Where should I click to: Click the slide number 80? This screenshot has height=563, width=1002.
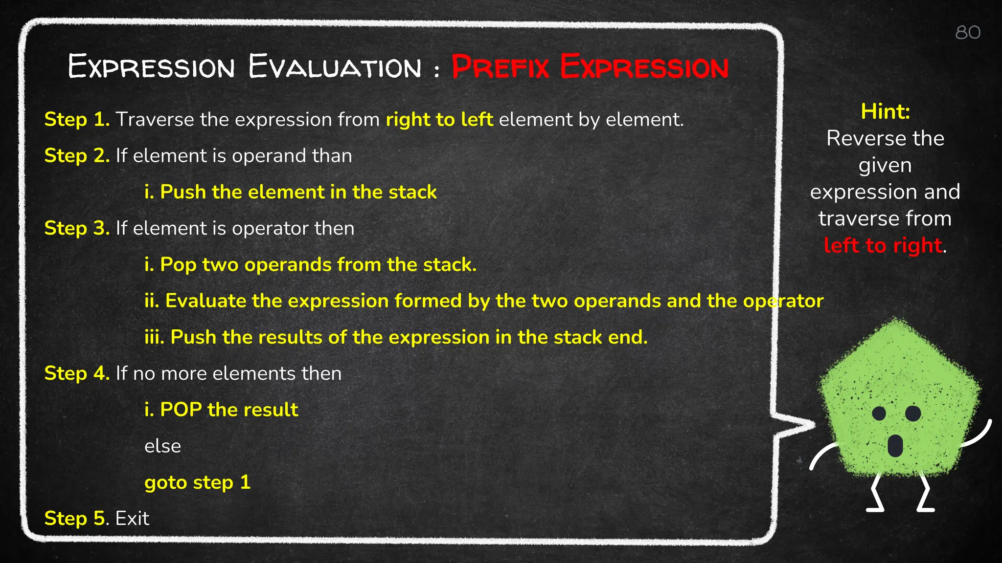[x=968, y=33]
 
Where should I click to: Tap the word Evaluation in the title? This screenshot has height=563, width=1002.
[x=335, y=67]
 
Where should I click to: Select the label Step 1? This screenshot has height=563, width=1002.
[x=77, y=119]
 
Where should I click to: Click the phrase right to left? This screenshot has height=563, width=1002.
[x=439, y=119]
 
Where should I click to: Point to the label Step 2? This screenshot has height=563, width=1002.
[x=77, y=155]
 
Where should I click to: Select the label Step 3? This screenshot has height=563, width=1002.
[x=77, y=228]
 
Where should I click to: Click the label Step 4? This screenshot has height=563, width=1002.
[x=77, y=373]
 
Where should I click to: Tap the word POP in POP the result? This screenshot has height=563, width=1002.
[x=181, y=410]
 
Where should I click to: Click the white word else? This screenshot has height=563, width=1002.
[x=162, y=446]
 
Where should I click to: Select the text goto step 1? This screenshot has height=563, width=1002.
[x=197, y=482]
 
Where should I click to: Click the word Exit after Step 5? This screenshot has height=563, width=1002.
[x=132, y=518]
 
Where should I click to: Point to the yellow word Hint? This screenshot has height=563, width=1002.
[x=885, y=111]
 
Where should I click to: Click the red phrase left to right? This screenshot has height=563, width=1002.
[x=883, y=245]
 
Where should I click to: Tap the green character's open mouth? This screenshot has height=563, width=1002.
[x=895, y=445]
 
